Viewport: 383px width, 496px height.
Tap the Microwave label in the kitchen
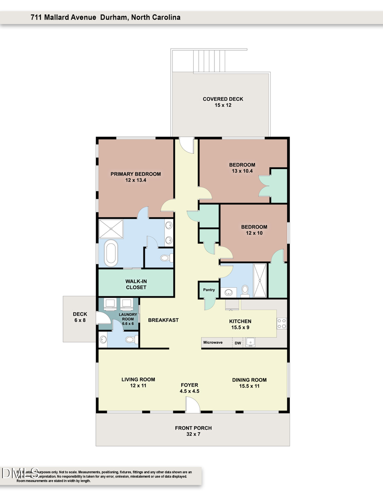[x=214, y=342]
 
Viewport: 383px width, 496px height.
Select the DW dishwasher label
[x=237, y=342]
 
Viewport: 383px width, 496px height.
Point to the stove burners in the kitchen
[x=282, y=324]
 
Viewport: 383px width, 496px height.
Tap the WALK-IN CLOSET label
[x=136, y=284]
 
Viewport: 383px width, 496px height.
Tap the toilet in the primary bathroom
[x=166, y=258]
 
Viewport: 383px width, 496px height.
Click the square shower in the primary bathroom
[x=111, y=229]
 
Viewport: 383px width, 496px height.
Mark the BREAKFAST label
[x=163, y=320]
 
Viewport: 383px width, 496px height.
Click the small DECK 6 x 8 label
[x=80, y=317]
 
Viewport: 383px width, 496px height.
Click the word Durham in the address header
[x=114, y=17]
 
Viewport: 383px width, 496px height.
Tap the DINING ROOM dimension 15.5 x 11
[x=249, y=386]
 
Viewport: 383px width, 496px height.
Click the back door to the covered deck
[x=186, y=145]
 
